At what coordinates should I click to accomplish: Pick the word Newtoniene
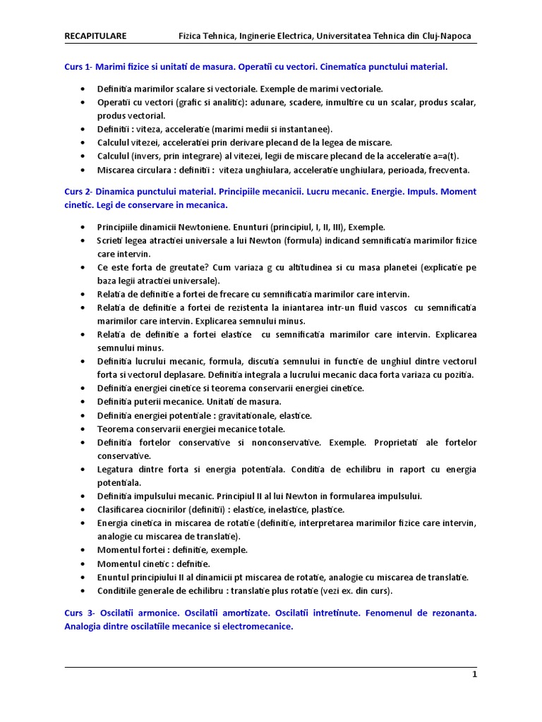(x=202, y=227)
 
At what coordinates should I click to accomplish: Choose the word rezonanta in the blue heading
(x=454, y=613)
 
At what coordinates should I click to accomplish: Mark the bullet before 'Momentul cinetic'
(x=83, y=563)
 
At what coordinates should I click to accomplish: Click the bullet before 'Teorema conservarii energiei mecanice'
(x=83, y=429)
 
